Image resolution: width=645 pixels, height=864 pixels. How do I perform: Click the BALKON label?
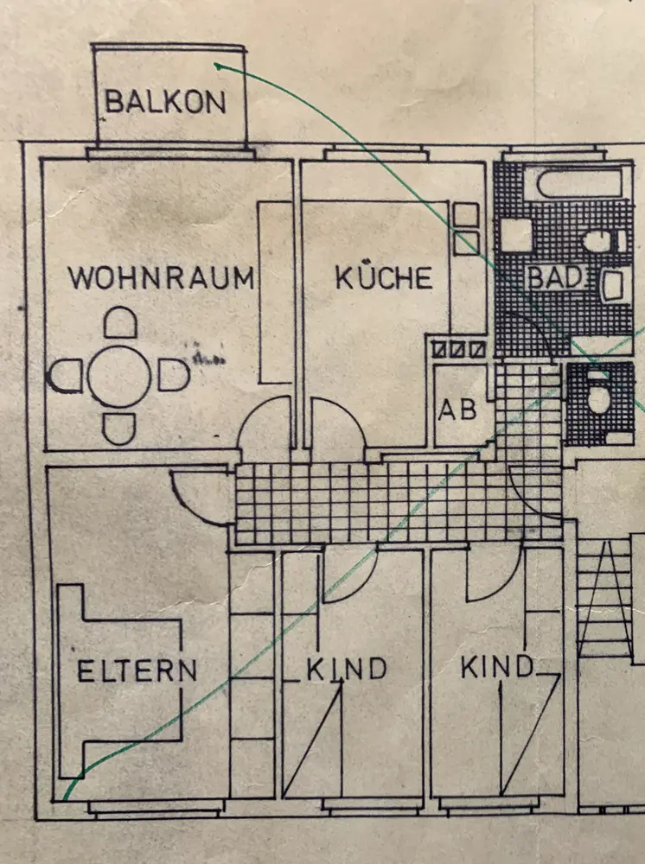pyautogui.click(x=165, y=102)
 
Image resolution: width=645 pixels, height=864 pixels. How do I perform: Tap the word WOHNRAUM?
pyautogui.click(x=162, y=278)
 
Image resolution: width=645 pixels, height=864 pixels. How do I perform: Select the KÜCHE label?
pyautogui.click(x=383, y=277)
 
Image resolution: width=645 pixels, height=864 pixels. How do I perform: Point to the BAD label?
pyautogui.click(x=557, y=278)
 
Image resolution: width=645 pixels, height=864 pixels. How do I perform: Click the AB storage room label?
pyautogui.click(x=457, y=408)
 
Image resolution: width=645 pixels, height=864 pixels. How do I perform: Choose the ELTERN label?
pyautogui.click(x=137, y=670)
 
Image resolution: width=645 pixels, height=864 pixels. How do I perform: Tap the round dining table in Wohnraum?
pyautogui.click(x=120, y=377)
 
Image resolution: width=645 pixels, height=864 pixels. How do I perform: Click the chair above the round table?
pyautogui.click(x=120, y=324)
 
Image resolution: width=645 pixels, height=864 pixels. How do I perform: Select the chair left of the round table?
pyautogui.click(x=65, y=377)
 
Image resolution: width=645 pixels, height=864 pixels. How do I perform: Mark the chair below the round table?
pyautogui.click(x=119, y=429)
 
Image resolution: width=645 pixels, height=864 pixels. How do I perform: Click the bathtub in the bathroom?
pyautogui.click(x=578, y=182)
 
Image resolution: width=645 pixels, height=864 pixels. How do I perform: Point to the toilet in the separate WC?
pyautogui.click(x=597, y=398)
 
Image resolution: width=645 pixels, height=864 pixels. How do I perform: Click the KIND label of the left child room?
pyautogui.click(x=346, y=669)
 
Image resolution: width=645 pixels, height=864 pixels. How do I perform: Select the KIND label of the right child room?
pyautogui.click(x=495, y=666)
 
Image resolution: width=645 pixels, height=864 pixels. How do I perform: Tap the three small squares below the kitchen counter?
pyautogui.click(x=457, y=350)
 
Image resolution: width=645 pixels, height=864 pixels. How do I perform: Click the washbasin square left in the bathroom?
pyautogui.click(x=516, y=234)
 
